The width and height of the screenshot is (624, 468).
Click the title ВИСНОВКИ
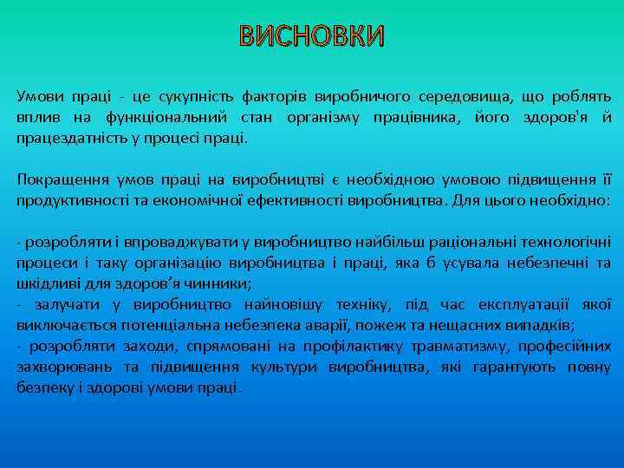click(311, 36)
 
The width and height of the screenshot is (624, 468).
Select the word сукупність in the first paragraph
click(198, 94)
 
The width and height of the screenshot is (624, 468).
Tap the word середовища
click(462, 94)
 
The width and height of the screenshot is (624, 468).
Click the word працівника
click(411, 116)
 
